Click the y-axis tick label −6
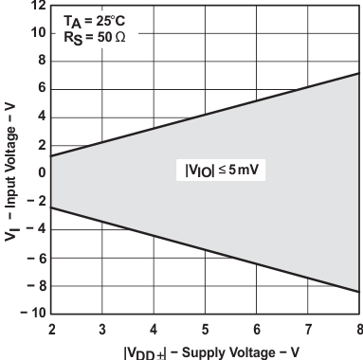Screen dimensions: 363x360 34,257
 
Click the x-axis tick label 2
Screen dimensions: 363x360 51,329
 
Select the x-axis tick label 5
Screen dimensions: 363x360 205,329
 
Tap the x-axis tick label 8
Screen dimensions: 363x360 357,329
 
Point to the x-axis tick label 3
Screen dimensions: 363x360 102,329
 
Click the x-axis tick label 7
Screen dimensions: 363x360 306,329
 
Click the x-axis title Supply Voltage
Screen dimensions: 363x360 205,350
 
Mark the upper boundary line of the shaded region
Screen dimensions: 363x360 205,115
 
